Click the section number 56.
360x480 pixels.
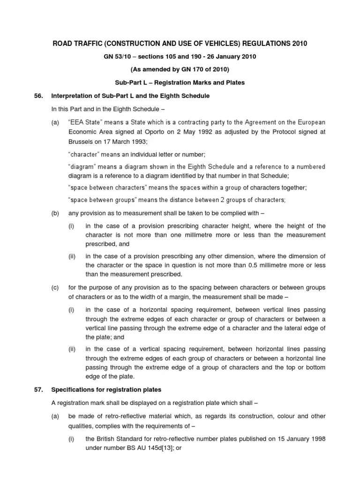tap(39, 96)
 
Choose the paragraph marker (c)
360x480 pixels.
tap(55, 287)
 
